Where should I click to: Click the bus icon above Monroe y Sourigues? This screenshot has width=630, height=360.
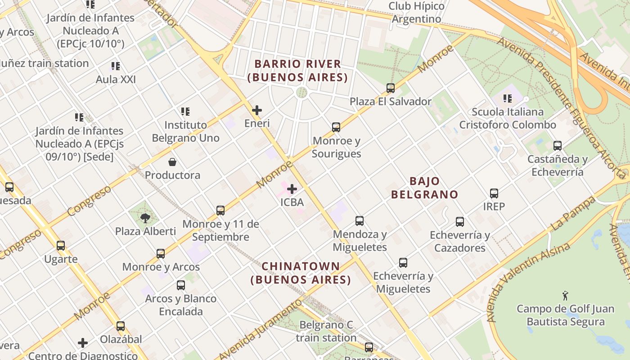(336, 127)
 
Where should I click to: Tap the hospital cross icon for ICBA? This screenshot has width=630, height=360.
(292, 189)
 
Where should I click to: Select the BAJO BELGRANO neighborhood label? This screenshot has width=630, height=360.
(424, 188)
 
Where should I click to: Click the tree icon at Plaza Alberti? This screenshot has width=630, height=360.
(145, 218)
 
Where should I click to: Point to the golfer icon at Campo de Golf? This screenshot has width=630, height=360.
(566, 296)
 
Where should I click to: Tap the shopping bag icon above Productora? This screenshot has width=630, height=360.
(172, 162)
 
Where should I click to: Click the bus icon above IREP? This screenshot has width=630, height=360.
(494, 193)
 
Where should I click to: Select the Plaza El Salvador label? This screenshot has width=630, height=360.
(391, 102)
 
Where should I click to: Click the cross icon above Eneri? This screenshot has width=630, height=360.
(257, 110)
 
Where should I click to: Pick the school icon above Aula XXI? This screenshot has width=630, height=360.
(116, 66)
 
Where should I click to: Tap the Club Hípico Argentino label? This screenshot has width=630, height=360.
(416, 13)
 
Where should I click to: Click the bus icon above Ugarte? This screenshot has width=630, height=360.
(61, 246)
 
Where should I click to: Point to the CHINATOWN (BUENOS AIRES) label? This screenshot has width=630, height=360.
(301, 273)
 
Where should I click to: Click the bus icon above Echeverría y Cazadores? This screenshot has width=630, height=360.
(459, 222)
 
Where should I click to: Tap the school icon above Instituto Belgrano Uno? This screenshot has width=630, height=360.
(185, 111)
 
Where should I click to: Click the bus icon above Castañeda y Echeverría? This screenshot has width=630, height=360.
(558, 146)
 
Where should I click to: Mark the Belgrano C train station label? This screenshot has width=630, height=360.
(326, 331)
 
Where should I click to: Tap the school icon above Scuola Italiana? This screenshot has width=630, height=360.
(508, 98)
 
